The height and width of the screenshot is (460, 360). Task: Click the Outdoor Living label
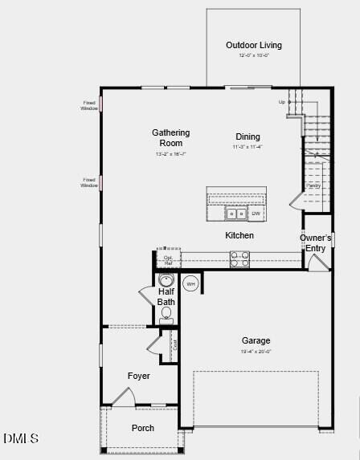point(253,46)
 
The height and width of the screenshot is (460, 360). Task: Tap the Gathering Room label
point(171,137)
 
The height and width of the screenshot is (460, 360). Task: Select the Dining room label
point(247,136)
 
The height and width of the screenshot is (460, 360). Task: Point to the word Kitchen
point(239,235)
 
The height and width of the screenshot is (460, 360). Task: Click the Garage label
point(256,340)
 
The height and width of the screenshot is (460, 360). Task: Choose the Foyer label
point(138,376)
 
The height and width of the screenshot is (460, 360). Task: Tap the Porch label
point(143,428)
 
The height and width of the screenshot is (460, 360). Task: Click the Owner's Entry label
point(316,243)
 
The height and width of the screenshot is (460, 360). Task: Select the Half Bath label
point(166,297)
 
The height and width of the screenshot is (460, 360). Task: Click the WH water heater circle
point(190,283)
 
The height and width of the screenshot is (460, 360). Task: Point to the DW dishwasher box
point(256,214)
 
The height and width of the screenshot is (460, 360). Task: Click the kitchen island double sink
point(235,214)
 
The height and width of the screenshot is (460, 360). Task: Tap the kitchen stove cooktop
point(239,258)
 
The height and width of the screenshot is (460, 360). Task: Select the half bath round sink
point(166,280)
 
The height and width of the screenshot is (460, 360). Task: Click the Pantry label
point(313,185)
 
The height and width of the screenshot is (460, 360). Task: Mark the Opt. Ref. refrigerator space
point(168,261)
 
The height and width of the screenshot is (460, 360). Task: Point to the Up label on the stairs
point(282,102)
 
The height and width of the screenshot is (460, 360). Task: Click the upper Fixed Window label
point(88,105)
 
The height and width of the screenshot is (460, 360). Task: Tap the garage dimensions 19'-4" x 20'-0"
point(256,352)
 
